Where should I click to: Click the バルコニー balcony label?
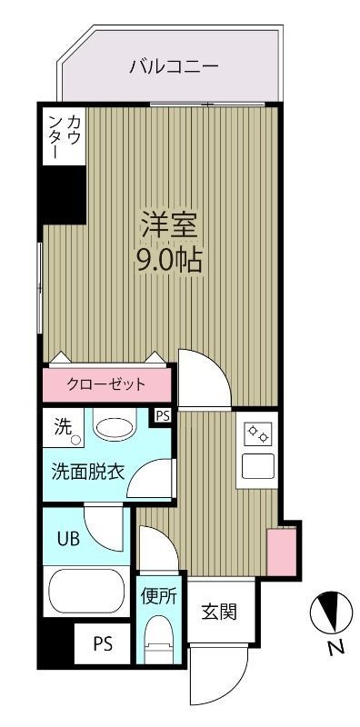(x=174, y=66)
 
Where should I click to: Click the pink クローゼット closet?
(x=106, y=383)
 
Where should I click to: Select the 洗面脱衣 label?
(x=87, y=473)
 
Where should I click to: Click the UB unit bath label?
(x=69, y=538)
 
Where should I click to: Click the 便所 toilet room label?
(x=158, y=597)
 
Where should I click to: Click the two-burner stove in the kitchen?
(x=258, y=433)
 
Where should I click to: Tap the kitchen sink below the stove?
(x=258, y=466)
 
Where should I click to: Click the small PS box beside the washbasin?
(x=163, y=415)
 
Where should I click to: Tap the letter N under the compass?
(x=335, y=648)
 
